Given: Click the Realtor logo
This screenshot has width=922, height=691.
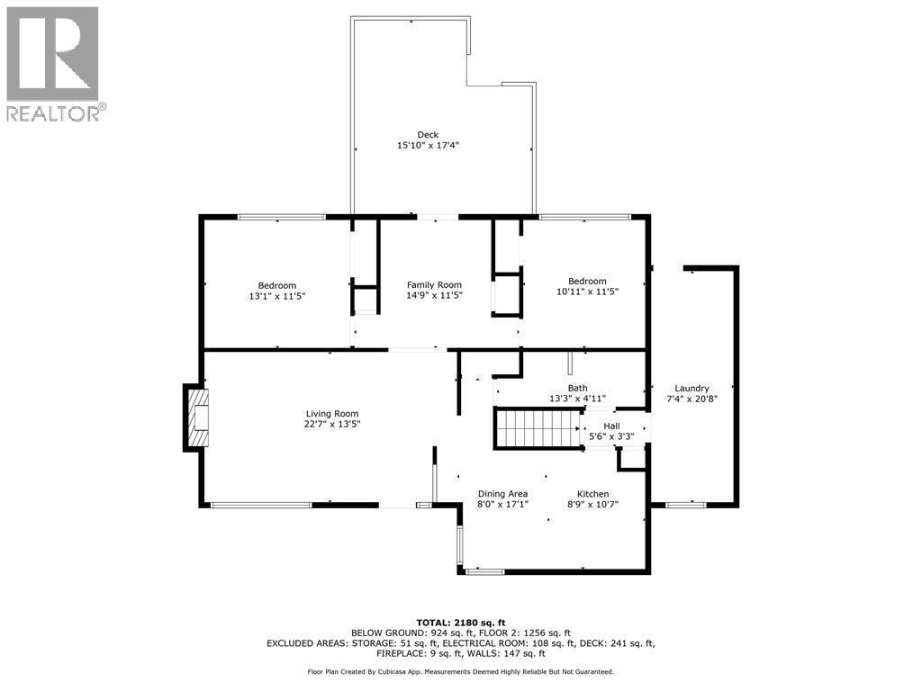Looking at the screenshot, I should (x=54, y=63).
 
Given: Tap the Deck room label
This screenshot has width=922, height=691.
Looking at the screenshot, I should (x=428, y=135).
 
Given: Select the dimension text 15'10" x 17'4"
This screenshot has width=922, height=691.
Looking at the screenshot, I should (x=428, y=146).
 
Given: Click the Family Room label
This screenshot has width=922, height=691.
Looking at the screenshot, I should (x=434, y=285).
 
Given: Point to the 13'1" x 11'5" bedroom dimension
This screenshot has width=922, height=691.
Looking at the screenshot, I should (x=276, y=296).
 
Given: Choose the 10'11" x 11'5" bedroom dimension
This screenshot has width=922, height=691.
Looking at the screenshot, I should (x=587, y=292).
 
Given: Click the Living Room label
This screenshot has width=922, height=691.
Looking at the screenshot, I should (x=332, y=414).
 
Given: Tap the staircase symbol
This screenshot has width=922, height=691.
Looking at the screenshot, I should (x=537, y=428).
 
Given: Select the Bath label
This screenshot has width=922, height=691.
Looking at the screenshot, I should (x=577, y=388).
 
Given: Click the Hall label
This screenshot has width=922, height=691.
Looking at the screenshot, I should (x=611, y=426).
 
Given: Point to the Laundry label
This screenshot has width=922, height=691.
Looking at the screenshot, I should (x=692, y=388).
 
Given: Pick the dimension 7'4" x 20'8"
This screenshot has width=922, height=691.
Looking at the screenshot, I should (x=692, y=399).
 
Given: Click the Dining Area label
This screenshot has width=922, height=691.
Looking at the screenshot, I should (x=502, y=494).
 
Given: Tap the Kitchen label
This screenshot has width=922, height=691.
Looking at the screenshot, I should (x=593, y=494).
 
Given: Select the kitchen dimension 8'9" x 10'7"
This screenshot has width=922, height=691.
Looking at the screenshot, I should (x=593, y=505).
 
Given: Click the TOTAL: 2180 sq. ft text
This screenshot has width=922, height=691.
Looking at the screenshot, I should (x=460, y=623).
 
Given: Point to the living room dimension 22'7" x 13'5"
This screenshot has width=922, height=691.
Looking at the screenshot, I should (x=332, y=425).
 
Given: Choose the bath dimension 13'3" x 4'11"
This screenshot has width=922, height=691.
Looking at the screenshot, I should (x=577, y=399).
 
